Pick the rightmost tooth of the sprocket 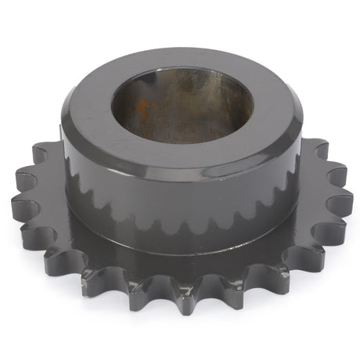[x=342, y=205]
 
